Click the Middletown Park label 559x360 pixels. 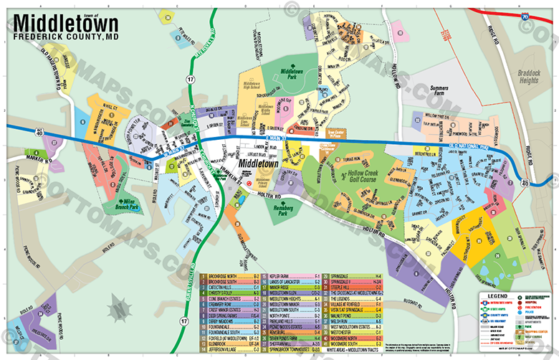pyautogui.click(x=293, y=72)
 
